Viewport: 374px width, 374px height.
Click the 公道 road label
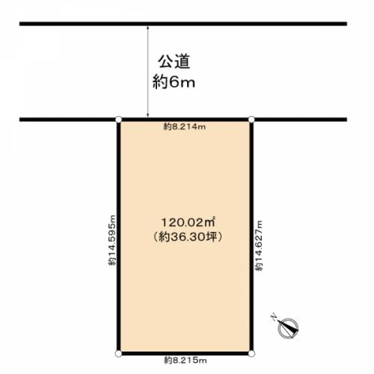174,61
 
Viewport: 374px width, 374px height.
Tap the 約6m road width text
174,82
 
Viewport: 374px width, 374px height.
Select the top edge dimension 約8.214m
185,126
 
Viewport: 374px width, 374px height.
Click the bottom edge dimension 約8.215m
186,361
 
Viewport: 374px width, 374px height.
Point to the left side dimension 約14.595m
112,240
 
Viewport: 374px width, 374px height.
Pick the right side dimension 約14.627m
259,245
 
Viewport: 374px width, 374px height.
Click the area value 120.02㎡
188,222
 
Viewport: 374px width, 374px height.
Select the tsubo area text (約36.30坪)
187,237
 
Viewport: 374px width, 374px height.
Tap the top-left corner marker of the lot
119,120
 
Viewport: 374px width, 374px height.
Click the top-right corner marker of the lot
251,120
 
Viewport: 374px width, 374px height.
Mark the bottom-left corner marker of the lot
119,353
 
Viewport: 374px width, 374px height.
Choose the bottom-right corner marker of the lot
251,353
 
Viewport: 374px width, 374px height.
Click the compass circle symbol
288,328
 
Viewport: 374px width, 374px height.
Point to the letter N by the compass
274,317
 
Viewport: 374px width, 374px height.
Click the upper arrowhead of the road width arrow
148,28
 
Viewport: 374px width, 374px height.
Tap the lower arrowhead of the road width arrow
148,115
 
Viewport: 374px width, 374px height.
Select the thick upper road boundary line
183,24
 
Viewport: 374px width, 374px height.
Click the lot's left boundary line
119,236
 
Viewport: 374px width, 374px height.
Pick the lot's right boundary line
251,236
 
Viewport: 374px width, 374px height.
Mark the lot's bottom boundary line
185,353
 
